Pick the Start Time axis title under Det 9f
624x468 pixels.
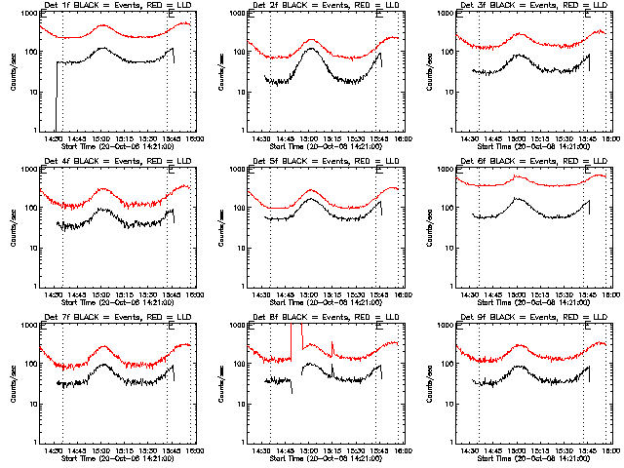click(x=532, y=458)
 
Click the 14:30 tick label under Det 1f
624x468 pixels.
click(x=55, y=138)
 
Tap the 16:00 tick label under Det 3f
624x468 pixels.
click(x=610, y=138)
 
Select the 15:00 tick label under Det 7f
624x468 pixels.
click(x=101, y=450)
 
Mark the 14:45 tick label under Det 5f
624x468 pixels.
click(x=286, y=294)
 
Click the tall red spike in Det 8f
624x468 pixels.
click(x=292, y=336)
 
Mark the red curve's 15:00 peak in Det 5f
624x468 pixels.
click(x=311, y=190)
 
